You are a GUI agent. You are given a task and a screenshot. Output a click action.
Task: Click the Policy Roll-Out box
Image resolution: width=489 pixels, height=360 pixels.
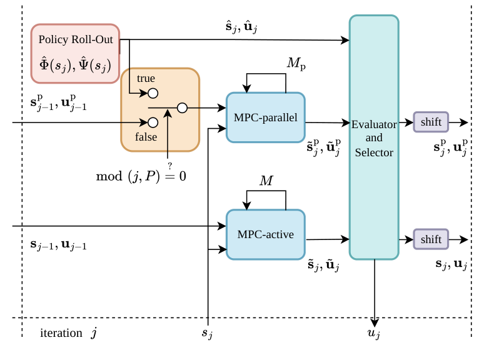[76, 54]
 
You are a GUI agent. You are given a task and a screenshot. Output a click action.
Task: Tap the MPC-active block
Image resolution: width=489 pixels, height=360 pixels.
[266, 234]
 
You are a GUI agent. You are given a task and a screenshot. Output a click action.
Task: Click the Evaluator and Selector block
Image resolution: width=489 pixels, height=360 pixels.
[373, 137]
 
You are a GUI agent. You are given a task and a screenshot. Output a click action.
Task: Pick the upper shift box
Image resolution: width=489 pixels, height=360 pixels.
[431, 122]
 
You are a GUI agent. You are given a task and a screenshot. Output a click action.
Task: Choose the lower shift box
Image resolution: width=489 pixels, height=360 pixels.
[431, 239]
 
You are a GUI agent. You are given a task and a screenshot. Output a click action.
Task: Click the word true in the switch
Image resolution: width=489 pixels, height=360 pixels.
[146, 79]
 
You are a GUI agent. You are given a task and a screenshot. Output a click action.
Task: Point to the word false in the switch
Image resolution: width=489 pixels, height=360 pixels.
[147, 137]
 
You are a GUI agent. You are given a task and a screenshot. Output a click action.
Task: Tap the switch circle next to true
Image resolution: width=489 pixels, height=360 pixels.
[153, 93]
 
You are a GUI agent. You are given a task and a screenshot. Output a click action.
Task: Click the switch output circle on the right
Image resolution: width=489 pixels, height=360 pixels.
[182, 108]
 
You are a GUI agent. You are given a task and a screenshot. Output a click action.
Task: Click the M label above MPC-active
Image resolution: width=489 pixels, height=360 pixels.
[266, 181]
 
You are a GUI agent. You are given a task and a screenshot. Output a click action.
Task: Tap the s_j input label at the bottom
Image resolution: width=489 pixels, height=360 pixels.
[207, 334]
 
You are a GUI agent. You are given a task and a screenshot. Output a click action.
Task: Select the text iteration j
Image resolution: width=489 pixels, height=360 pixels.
[68, 334]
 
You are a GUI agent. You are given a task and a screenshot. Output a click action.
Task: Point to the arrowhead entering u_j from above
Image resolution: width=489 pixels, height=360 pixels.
[374, 322]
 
